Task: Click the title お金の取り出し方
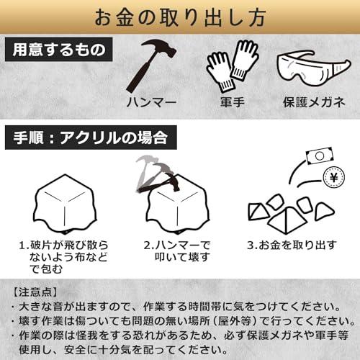point(180,17)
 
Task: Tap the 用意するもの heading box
point(59,50)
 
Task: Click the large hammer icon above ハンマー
point(152,66)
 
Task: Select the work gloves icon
point(232,66)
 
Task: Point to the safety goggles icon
point(313,68)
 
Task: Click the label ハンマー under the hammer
point(152,102)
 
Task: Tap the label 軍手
point(233,102)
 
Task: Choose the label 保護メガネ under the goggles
point(314,102)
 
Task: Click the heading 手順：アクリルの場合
point(91,138)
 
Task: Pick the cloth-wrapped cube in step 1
point(65,204)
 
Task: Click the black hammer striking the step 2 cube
point(161,184)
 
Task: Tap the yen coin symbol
point(334,178)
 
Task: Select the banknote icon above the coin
point(320,156)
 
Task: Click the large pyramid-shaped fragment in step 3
point(287,221)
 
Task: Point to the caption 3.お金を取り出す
point(292,245)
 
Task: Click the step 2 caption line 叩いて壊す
point(182,257)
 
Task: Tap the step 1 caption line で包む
point(45,269)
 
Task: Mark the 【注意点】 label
point(35,292)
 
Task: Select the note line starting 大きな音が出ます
point(177,307)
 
